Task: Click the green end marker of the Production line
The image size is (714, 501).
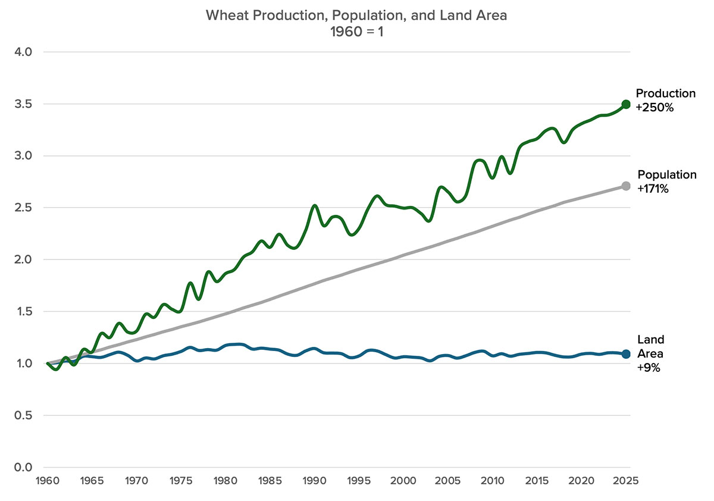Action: click(625, 104)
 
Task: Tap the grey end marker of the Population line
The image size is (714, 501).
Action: click(625, 186)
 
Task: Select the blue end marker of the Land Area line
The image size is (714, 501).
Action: click(625, 354)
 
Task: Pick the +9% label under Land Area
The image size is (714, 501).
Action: click(648, 368)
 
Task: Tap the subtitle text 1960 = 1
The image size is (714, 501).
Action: click(356, 33)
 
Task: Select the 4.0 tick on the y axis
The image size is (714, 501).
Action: click(23, 52)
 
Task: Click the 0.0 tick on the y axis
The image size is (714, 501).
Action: click(23, 467)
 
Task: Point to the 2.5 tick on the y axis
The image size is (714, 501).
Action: click(23, 208)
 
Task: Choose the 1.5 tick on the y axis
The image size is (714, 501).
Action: click(23, 312)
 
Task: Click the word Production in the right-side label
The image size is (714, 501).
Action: click(665, 93)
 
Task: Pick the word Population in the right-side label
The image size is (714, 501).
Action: click(666, 175)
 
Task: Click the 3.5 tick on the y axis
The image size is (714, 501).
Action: click(23, 104)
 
